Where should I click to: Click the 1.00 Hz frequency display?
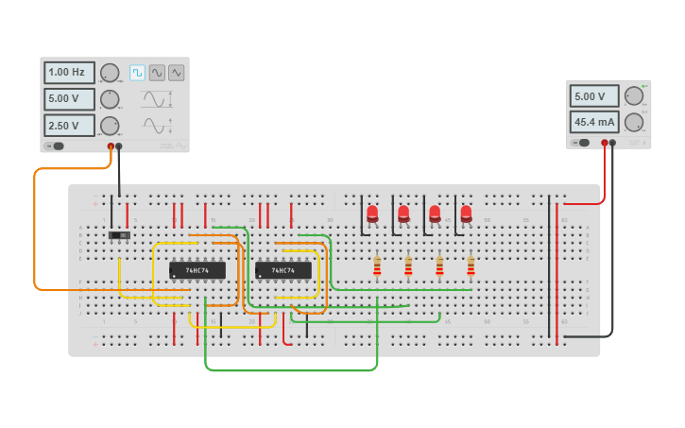click(x=69, y=73)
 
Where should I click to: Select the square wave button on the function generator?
click(x=138, y=73)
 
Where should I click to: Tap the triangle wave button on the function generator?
click(x=176, y=73)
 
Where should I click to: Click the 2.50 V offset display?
click(x=69, y=125)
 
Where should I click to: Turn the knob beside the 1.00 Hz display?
click(x=110, y=73)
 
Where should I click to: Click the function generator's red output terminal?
click(x=111, y=146)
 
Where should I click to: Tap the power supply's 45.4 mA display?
click(x=593, y=122)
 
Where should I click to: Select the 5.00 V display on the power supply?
click(x=593, y=95)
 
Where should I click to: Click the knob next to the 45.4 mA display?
click(x=633, y=122)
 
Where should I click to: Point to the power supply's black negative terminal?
click(x=612, y=143)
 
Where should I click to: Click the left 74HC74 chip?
click(x=197, y=270)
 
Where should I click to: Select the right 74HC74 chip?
click(x=283, y=270)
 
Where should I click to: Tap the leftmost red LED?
click(x=372, y=214)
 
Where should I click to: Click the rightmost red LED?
click(x=466, y=214)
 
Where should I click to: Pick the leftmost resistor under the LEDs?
click(x=377, y=267)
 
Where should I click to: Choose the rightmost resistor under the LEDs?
click(x=471, y=267)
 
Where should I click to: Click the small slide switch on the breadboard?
click(x=119, y=235)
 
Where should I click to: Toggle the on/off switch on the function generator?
click(x=56, y=146)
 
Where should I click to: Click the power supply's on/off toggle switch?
click(x=582, y=143)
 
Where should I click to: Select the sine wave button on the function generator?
click(x=157, y=73)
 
